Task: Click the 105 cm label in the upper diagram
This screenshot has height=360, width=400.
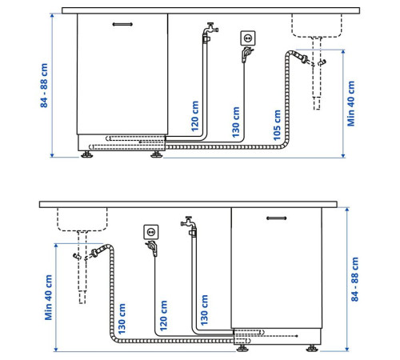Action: (277, 125)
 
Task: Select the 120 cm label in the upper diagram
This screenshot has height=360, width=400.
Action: (195, 116)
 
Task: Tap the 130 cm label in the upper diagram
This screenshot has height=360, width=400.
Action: (236, 122)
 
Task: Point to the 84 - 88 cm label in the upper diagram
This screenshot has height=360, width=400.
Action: (44, 86)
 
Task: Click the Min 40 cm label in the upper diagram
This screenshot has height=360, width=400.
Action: (351, 103)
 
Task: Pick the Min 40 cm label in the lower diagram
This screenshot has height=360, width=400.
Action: (49, 298)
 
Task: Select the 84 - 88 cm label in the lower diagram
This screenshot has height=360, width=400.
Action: (355, 279)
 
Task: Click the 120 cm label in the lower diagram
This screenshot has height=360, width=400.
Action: (163, 316)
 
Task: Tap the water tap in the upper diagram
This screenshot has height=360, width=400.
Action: (210, 29)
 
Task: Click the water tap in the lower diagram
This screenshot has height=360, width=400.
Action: (189, 222)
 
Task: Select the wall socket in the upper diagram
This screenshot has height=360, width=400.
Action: (248, 38)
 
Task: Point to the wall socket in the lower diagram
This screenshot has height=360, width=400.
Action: (151, 232)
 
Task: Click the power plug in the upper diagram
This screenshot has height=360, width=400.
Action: (246, 54)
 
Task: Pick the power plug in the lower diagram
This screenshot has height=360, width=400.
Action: (152, 248)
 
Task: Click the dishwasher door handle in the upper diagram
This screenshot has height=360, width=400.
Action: (122, 24)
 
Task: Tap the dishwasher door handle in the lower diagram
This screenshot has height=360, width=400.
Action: (277, 218)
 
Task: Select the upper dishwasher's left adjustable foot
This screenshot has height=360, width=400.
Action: (87, 154)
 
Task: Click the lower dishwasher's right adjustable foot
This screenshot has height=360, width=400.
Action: (312, 348)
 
